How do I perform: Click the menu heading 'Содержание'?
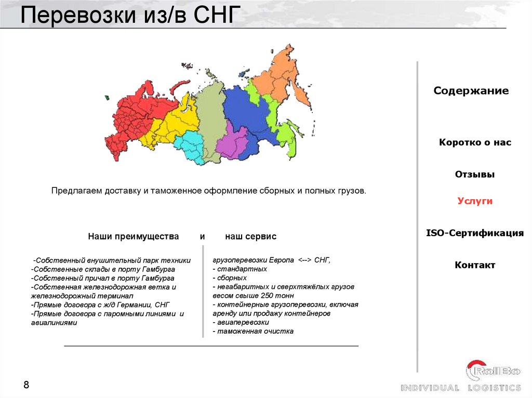[471, 91]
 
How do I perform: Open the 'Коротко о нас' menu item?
[475, 142]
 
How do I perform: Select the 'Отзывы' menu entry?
[475, 174]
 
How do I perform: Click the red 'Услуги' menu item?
[475, 201]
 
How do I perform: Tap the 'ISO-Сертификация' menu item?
[475, 233]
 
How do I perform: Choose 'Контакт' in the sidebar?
[475, 265]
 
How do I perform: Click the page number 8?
[26, 385]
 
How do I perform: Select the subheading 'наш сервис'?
[250, 237]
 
